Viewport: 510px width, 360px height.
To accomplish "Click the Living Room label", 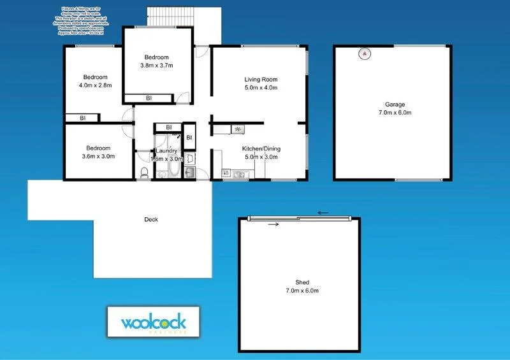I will (x=261, y=80).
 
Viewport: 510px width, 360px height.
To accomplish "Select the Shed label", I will (x=302, y=282).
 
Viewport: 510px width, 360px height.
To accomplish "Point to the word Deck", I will (x=151, y=220).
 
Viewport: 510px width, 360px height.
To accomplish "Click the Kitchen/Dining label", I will (x=261, y=149).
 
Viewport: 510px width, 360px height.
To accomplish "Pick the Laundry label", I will (x=164, y=151).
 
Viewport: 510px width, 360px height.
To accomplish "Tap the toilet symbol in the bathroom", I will (x=144, y=172).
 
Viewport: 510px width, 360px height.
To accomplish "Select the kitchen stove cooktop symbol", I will (x=237, y=129).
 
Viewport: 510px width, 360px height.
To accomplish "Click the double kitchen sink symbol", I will (x=239, y=173).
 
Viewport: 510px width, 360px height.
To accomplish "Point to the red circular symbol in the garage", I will (x=365, y=54).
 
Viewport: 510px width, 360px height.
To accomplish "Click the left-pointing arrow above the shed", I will (x=323, y=213).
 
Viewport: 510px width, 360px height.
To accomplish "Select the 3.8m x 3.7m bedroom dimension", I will (x=157, y=65).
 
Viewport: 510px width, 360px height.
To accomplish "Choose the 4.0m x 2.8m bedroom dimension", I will (x=95, y=85).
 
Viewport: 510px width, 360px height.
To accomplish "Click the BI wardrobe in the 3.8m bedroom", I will (x=149, y=98).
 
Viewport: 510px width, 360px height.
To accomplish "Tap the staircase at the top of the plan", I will (x=184, y=17).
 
